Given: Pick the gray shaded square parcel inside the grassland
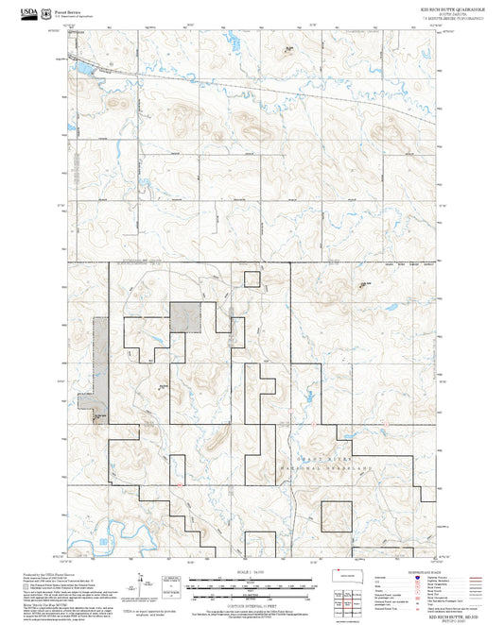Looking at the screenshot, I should pos(183,316).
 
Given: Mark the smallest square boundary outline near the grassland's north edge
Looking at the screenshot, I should pos(252,278).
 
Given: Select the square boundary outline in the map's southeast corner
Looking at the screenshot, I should pos(337,515).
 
